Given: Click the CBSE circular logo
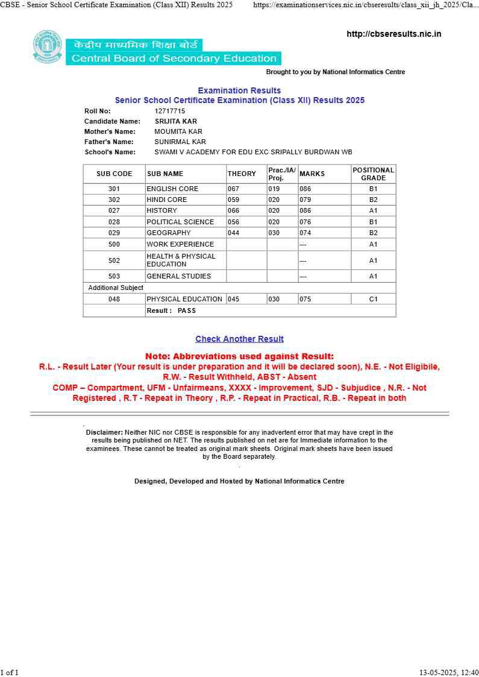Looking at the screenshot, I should [48, 46].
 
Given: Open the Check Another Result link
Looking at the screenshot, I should [239, 339].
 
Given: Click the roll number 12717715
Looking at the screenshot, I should [170, 111].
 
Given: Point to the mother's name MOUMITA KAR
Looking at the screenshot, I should [178, 131].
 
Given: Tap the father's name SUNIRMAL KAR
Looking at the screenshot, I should [180, 142].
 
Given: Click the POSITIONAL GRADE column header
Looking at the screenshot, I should [374, 174].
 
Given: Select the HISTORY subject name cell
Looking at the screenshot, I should [162, 210].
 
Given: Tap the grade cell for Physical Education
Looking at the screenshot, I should [374, 299].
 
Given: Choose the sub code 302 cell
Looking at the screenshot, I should [114, 200].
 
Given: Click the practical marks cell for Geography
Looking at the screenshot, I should [274, 233].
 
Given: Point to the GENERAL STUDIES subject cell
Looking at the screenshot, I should [179, 276].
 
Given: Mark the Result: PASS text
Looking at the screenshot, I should [171, 310].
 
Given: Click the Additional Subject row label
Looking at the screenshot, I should [116, 288].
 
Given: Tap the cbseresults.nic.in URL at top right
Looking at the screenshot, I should [393, 34].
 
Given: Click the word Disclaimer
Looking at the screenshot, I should [104, 432].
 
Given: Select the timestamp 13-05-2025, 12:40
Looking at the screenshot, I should [449, 672].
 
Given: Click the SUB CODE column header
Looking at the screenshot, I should [114, 174].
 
